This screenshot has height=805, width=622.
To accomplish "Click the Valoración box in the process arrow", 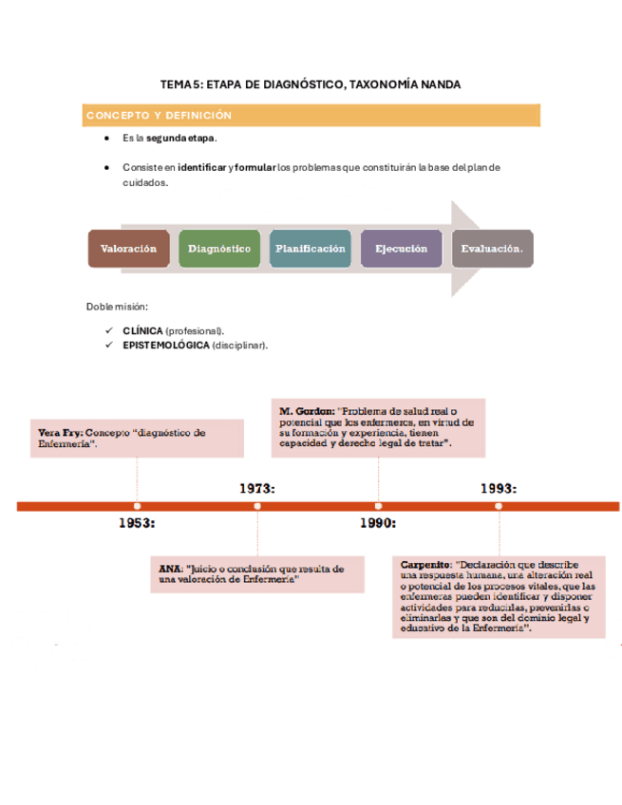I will tap(128, 249).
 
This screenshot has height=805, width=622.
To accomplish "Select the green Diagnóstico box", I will tap(219, 249).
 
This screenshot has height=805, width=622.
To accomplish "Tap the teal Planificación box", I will tap(311, 249).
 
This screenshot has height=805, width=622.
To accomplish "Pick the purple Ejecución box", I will tap(401, 249).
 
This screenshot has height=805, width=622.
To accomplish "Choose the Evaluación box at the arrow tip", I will tap(492, 249).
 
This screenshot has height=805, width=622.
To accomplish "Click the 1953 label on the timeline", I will tap(137, 523).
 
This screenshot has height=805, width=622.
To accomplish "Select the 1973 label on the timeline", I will tap(256, 488).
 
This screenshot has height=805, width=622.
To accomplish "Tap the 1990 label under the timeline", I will tap(377, 523).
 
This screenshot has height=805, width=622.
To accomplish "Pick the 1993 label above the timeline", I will tap(498, 488).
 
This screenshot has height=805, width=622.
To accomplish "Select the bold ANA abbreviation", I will tap(170, 568).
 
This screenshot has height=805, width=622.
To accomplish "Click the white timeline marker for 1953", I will tap(137, 506).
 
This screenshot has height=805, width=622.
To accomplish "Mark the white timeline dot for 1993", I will tap(498, 506).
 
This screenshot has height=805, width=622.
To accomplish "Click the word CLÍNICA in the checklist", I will tap(142, 330).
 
